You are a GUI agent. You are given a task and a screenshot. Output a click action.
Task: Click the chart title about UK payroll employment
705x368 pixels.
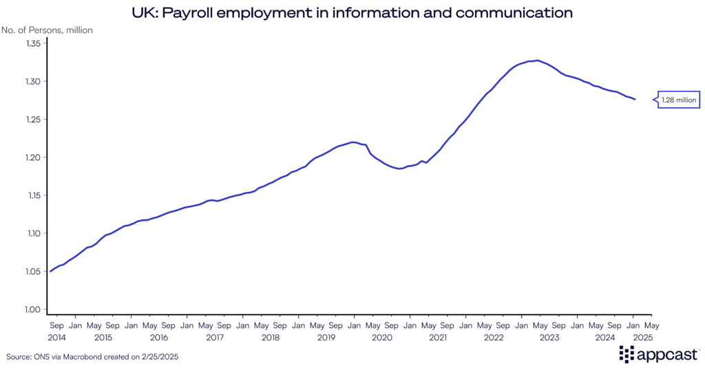pos(352,12)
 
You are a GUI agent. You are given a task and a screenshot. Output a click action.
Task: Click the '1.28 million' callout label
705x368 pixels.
pos(679,100)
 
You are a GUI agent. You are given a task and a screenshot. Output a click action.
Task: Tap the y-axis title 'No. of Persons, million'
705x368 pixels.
pos(47,30)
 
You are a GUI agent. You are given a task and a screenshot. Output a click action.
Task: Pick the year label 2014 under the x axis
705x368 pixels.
pos(57,338)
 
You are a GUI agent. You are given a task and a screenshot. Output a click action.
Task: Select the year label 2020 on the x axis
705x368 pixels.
pos(382,338)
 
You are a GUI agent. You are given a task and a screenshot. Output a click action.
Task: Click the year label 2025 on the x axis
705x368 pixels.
pos(643,338)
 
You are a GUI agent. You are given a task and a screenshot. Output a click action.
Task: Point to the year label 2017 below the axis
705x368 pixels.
pos(215,338)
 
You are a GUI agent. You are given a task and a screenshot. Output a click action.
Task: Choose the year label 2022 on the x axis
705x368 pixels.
pos(494,338)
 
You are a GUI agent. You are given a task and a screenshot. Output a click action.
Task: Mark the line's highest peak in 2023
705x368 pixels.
pos(538,61)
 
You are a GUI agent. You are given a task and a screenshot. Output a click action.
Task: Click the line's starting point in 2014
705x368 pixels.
pos(50,272)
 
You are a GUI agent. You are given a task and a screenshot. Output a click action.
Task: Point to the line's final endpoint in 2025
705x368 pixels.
pos(635,100)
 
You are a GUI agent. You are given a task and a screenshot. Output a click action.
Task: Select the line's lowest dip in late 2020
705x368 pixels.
pos(400,169)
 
